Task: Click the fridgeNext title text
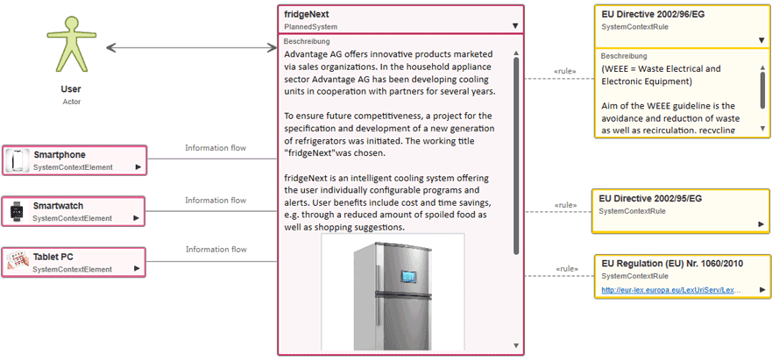pos(307,15)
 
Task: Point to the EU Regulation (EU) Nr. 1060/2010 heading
pos(673,262)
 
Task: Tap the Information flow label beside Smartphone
pos(211,148)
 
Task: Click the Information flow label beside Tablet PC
pos(211,250)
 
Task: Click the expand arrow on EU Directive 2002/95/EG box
pos(761,224)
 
